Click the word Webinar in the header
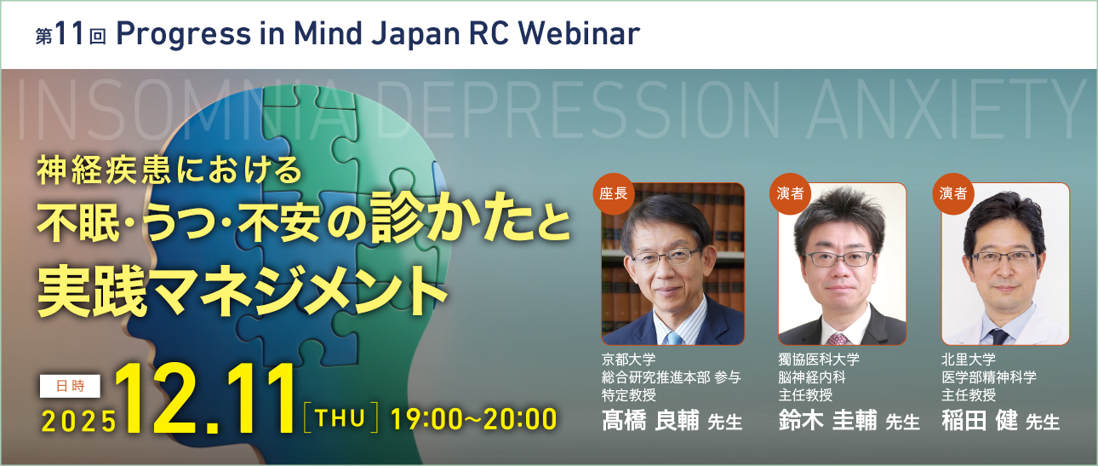(579, 34)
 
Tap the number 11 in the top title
(70, 34)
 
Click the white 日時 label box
(70, 386)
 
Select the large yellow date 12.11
(205, 400)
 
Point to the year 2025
(79, 422)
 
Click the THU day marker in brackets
(340, 418)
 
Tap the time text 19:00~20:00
(473, 419)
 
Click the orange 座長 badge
(613, 193)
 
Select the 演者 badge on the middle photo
(790, 193)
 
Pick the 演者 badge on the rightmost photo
(953, 193)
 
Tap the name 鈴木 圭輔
(827, 421)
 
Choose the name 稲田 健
(980, 421)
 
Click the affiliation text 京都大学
(629, 360)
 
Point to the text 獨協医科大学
(819, 360)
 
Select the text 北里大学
(969, 360)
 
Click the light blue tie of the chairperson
(674, 338)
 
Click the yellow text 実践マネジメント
(243, 291)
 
